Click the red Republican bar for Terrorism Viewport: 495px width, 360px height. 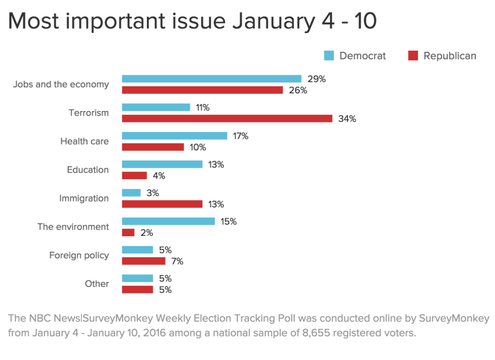point(227,119)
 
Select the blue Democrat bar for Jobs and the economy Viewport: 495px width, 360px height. point(211,79)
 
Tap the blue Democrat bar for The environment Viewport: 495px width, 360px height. point(168,221)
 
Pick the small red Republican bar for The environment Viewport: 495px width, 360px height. point(128,232)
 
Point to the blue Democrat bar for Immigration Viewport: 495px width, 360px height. point(131,192)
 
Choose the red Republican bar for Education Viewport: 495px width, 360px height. point(134,175)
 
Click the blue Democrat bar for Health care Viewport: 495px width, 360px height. point(174,136)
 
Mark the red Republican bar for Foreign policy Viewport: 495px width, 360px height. point(143,261)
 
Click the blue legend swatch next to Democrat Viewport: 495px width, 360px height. point(329,56)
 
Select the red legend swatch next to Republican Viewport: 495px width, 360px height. point(413,56)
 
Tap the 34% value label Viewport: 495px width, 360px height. point(348,119)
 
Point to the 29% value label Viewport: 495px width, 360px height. point(316,79)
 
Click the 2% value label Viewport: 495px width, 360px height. point(146,232)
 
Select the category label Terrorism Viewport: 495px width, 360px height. point(89,113)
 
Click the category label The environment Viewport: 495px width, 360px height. point(73,226)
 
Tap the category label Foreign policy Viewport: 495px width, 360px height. point(79,255)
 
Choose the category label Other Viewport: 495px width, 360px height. point(96,284)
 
